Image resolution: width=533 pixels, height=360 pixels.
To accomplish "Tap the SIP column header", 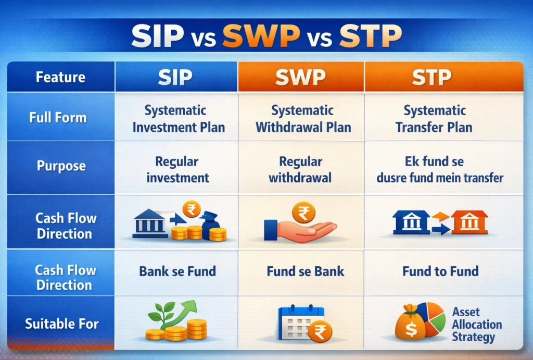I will pos(175,77).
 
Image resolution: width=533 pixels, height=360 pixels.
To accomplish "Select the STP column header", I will pos(432,77).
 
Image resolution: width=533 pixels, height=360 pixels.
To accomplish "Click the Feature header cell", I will pos(60,78).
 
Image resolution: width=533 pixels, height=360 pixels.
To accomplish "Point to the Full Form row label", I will pos(58,117).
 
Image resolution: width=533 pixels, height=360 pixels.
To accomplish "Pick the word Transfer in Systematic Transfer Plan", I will pos(417,127).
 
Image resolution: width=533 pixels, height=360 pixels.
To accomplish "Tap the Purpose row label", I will pos(61,166).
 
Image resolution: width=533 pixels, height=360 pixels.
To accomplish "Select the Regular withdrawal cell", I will pos(300,169).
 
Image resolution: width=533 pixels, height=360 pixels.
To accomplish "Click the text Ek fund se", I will pos(434,162).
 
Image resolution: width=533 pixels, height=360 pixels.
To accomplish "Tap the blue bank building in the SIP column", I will pos(150,223).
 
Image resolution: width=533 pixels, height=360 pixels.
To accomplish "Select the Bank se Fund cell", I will pos(177,271).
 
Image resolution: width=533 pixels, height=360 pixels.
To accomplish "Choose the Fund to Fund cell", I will pos(440,271).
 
